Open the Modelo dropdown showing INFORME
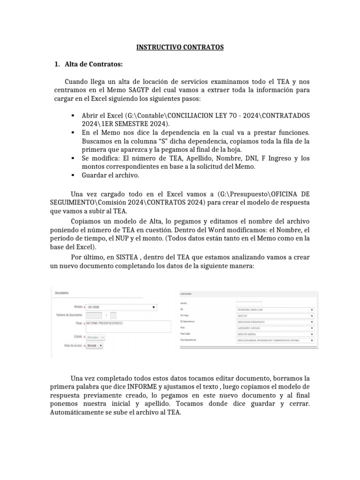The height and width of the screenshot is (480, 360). point(121,307)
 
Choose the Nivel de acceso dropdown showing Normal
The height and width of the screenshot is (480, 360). point(94,345)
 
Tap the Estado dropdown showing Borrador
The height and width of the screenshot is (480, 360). point(95,337)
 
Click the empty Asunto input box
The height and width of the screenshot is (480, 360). point(248,304)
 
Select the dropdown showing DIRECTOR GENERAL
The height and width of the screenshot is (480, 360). point(275,334)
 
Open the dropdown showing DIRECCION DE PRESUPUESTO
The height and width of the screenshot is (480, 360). point(275,322)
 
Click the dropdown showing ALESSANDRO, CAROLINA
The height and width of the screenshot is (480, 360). point(275,328)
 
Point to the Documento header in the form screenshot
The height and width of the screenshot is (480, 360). point(61,293)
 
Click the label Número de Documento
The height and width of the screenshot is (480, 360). point(69,315)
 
